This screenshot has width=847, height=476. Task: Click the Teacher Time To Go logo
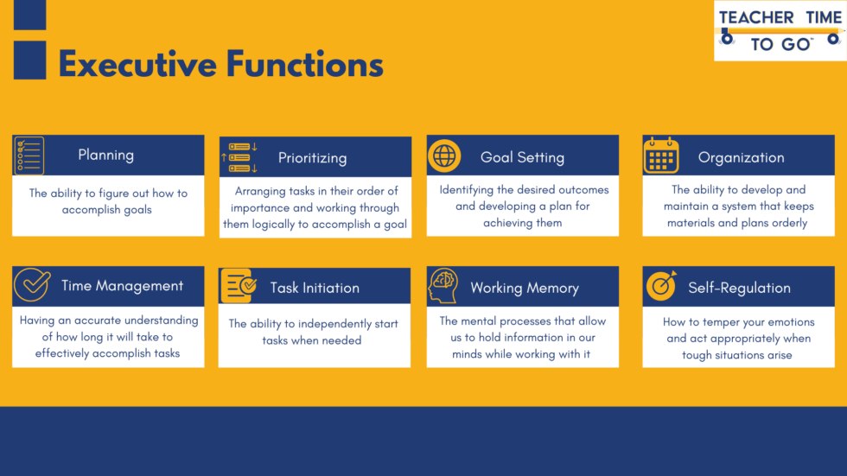point(780,31)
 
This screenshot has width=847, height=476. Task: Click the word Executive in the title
point(136,65)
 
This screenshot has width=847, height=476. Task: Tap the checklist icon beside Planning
point(29,155)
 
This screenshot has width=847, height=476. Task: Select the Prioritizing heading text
point(312,158)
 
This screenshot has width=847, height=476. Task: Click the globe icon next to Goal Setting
point(444,156)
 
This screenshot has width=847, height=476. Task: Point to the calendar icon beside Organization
point(661,156)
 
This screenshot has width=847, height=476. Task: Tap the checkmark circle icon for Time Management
point(31,285)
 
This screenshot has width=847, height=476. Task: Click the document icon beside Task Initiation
point(238,286)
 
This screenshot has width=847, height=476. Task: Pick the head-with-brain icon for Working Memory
point(443,287)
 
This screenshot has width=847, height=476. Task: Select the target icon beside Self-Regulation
point(661,287)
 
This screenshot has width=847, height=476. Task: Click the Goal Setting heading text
point(522,157)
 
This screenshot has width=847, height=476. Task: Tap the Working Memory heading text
point(524,288)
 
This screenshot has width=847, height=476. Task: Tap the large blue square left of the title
point(30,60)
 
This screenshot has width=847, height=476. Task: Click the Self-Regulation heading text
point(739,288)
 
